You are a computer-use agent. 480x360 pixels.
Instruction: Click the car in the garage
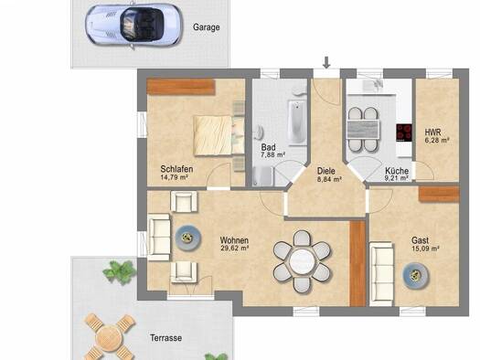(x=133, y=25)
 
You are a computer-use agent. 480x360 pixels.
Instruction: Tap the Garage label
(x=206, y=27)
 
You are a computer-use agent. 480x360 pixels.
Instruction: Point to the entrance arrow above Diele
(x=326, y=62)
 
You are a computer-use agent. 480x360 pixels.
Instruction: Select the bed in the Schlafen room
(x=219, y=135)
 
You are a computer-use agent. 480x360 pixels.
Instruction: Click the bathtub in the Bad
(x=297, y=123)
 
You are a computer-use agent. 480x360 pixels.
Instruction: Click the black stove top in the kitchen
(x=404, y=132)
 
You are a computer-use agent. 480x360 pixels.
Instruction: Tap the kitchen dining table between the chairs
(x=363, y=130)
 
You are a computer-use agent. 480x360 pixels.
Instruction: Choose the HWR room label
(x=432, y=132)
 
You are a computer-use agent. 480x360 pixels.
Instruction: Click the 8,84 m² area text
(x=329, y=179)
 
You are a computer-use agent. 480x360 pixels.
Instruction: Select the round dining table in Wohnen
(x=302, y=261)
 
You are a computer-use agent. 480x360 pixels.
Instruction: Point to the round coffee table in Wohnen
(x=188, y=238)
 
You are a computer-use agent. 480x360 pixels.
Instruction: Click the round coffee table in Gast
(x=415, y=276)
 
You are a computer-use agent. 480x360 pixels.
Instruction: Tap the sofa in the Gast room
(x=382, y=274)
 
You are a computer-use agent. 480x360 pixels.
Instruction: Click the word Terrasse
(x=165, y=338)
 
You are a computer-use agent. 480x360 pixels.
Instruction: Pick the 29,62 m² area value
(x=234, y=248)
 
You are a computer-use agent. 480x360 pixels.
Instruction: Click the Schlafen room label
(x=176, y=169)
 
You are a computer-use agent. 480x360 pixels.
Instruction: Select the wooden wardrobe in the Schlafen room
(x=181, y=87)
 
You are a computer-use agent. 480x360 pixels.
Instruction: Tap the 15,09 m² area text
(x=425, y=249)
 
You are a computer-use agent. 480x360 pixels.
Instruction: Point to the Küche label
(x=397, y=171)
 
